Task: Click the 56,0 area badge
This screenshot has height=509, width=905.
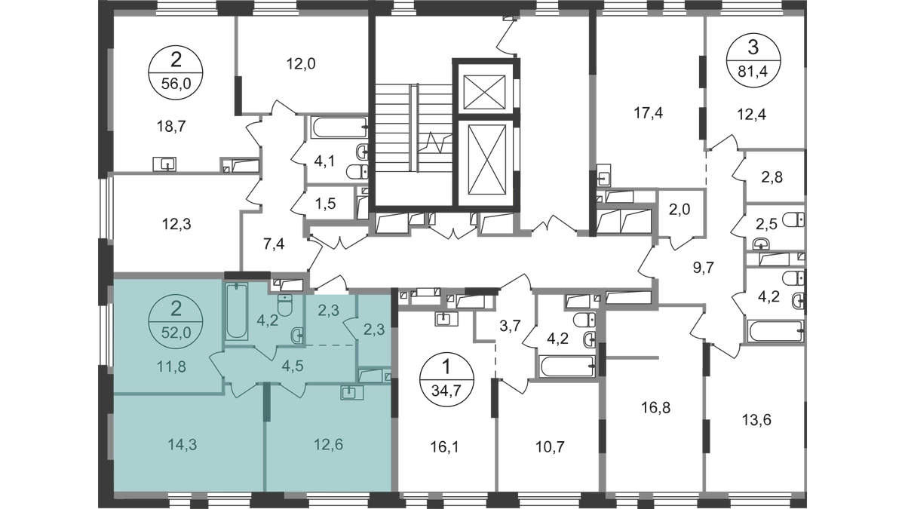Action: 176,72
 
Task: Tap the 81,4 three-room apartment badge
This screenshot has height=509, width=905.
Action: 753,60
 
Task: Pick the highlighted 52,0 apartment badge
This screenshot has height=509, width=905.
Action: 176,322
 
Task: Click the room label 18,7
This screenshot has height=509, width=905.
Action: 171,127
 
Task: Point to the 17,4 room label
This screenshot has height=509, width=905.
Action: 648,114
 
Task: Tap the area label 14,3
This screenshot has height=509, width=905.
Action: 183,445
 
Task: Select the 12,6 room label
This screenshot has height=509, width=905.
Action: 329,445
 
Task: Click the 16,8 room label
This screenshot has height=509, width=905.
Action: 656,408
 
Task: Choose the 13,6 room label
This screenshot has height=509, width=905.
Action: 756,421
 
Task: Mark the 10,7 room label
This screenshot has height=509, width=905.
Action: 551,447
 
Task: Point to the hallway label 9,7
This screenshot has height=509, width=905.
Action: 704,268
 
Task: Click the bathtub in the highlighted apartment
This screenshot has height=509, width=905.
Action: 237,311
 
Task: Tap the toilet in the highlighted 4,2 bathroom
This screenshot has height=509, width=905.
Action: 285,305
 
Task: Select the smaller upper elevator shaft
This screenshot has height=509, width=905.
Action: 484,92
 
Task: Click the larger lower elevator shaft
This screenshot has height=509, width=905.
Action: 487,160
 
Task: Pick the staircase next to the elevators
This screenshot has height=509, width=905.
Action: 414,127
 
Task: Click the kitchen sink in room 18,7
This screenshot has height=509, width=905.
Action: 164,164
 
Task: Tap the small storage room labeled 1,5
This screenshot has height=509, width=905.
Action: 330,203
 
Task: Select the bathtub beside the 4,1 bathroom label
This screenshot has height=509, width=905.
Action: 339,127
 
